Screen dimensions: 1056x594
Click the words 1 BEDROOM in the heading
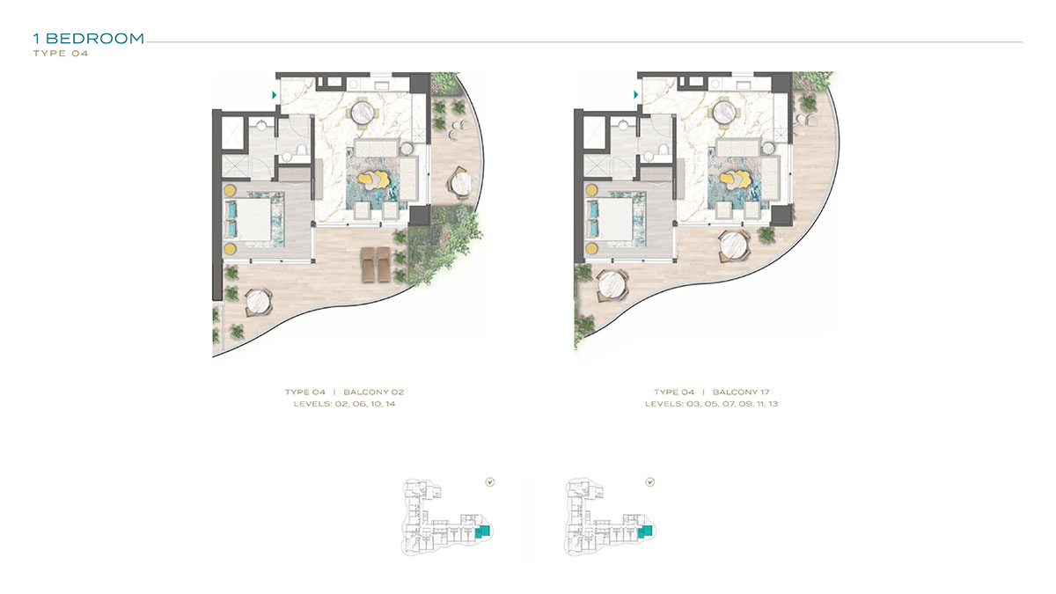point(89,38)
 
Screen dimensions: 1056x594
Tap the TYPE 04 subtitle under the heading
point(61,54)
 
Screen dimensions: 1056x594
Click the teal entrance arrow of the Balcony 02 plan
point(274,95)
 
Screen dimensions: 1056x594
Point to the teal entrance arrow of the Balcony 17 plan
point(635,95)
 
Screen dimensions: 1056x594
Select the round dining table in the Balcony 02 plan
point(363,114)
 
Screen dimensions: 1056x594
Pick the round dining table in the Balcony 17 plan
point(724,114)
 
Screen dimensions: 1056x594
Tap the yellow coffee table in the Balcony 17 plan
point(735,180)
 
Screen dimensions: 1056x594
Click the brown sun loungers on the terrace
point(377,265)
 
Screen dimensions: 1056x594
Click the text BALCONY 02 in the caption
point(374,392)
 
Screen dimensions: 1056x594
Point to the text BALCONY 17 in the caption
point(741,392)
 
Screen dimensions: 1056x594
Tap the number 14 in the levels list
point(390,404)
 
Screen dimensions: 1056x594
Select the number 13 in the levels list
point(773,404)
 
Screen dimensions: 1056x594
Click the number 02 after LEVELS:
point(341,404)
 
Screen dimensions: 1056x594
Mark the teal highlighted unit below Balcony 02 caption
point(483,532)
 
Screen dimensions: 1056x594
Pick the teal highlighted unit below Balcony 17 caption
point(645,531)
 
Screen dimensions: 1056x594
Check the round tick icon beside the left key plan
point(490,482)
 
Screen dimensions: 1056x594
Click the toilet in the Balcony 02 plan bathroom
point(302,150)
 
